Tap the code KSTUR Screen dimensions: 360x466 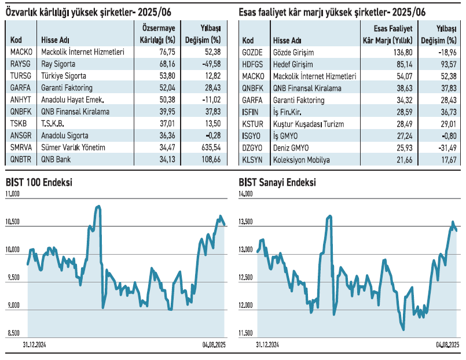[254, 123]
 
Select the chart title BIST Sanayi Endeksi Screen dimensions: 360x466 [278, 182]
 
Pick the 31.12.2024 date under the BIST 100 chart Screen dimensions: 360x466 [35, 346]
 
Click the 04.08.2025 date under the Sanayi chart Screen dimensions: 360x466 [447, 346]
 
